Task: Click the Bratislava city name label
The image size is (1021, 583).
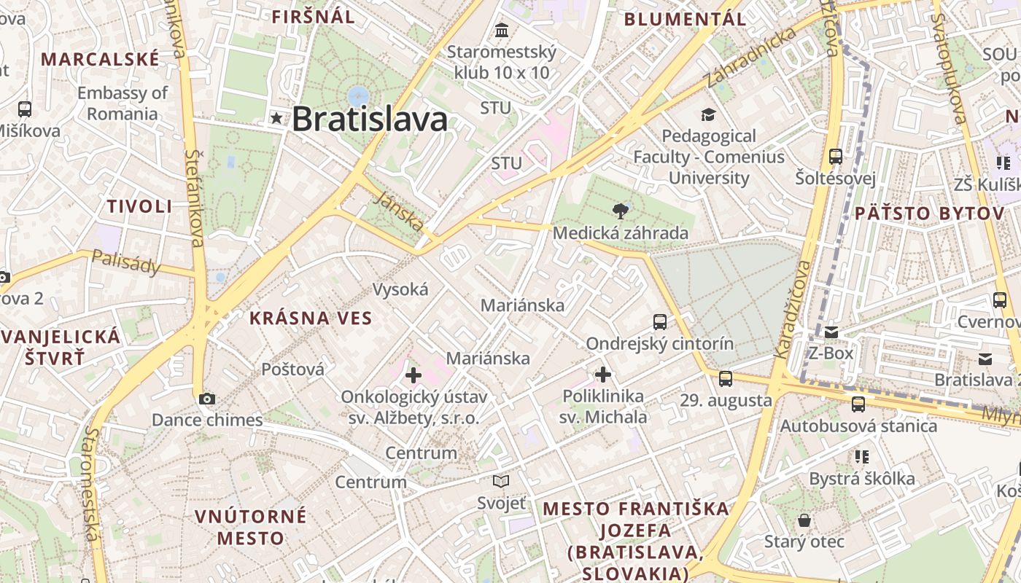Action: [x=370, y=119]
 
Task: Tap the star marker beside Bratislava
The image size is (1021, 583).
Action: [x=276, y=118]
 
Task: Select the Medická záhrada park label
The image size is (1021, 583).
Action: [x=621, y=233]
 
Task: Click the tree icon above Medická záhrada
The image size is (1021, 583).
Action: [x=621, y=211]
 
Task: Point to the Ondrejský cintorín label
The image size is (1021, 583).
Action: [x=660, y=343]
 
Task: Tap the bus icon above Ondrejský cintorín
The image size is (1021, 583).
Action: [x=660, y=321]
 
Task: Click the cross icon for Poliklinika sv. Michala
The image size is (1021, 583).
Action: [x=603, y=375]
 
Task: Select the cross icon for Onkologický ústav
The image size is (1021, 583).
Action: [x=414, y=375]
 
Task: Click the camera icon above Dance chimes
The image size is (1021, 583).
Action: [x=207, y=399]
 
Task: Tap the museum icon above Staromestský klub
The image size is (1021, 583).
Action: [x=502, y=31]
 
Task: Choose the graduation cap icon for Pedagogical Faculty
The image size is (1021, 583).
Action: [x=708, y=114]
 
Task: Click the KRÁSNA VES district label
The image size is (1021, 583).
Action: [x=311, y=318]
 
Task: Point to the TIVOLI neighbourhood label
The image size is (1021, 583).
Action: [x=140, y=206]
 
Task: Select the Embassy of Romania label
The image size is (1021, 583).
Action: [x=123, y=103]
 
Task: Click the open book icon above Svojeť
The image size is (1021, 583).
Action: [x=501, y=481]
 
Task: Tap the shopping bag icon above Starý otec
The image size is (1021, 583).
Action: [x=804, y=520]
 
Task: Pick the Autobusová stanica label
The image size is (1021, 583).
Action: [x=859, y=426]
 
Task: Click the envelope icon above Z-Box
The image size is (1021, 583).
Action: [x=831, y=332]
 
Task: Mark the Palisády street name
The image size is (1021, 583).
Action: [x=126, y=262]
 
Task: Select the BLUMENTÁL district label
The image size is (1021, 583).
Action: [x=685, y=20]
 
